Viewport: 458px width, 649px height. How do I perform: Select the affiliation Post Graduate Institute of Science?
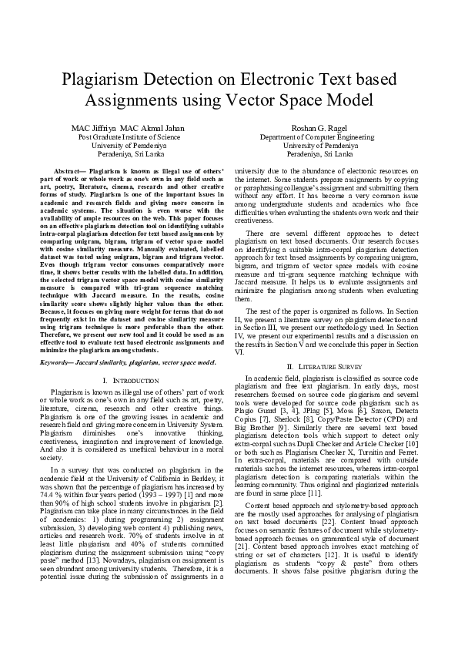(127, 136)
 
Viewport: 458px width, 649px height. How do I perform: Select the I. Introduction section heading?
(127, 360)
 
